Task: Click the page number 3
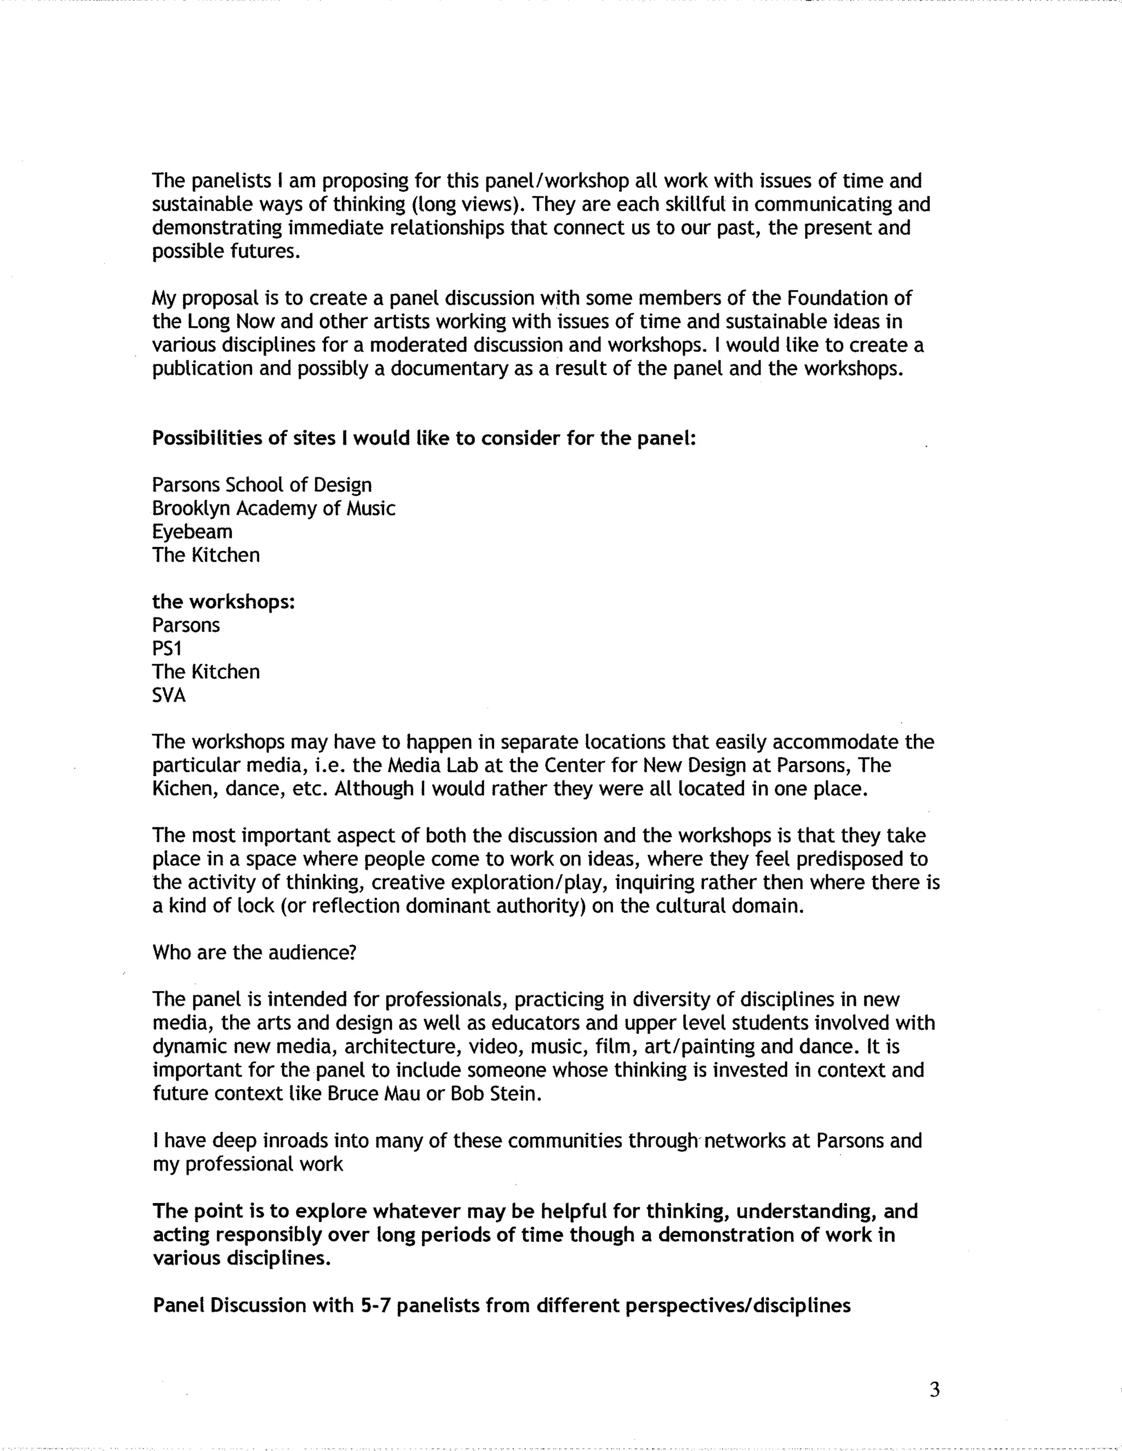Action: [935, 1390]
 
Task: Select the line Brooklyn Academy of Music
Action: [273, 509]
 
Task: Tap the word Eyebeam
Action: [192, 532]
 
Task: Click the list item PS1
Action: [166, 648]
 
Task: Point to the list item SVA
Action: [169, 695]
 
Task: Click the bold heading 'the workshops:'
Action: [224, 602]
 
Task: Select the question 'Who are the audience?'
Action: [255, 953]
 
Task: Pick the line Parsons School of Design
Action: [262, 485]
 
